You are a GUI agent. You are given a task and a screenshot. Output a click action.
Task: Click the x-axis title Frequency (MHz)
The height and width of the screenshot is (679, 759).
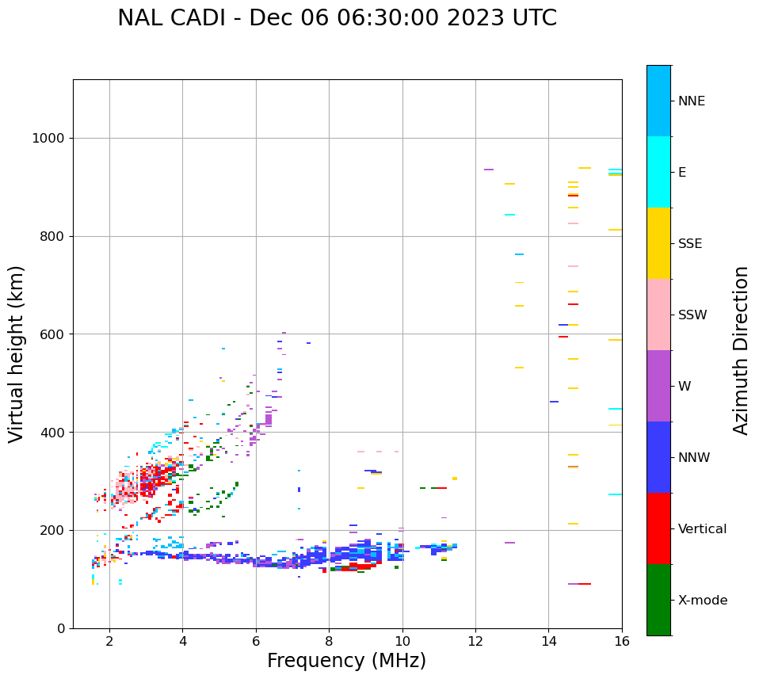click(346, 661)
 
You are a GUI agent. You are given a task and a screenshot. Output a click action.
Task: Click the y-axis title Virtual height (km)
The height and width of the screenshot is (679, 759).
click(17, 354)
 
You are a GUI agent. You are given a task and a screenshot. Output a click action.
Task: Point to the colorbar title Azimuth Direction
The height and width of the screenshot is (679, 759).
click(741, 350)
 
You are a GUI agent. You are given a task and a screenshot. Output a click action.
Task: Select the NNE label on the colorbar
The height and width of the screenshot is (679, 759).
click(691, 101)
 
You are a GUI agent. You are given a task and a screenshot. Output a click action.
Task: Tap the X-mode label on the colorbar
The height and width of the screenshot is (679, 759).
click(702, 601)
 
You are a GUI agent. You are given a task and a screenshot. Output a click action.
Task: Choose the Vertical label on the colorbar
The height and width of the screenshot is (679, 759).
click(702, 529)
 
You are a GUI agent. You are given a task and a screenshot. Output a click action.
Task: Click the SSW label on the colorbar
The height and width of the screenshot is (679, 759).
click(692, 315)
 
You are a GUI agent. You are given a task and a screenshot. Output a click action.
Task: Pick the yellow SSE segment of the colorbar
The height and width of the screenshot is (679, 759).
click(658, 243)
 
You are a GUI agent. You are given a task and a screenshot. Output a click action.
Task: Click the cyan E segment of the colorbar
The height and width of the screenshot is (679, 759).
click(658, 172)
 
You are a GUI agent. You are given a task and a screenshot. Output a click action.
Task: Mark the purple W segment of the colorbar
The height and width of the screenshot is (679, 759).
click(658, 386)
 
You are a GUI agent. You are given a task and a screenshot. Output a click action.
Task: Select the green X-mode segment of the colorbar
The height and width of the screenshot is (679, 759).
click(658, 600)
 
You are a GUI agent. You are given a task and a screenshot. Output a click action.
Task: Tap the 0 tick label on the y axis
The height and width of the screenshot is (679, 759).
click(60, 628)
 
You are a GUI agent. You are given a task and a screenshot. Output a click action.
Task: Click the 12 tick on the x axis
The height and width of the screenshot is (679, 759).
click(475, 641)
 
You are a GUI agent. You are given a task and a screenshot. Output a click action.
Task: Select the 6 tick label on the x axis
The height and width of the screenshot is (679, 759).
click(256, 641)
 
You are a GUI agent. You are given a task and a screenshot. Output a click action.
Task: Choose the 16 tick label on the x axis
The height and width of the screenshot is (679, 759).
click(622, 641)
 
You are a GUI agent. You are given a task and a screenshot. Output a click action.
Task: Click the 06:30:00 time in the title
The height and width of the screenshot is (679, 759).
click(350, 18)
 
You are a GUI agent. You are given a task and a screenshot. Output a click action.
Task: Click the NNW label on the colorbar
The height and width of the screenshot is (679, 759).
click(694, 458)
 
